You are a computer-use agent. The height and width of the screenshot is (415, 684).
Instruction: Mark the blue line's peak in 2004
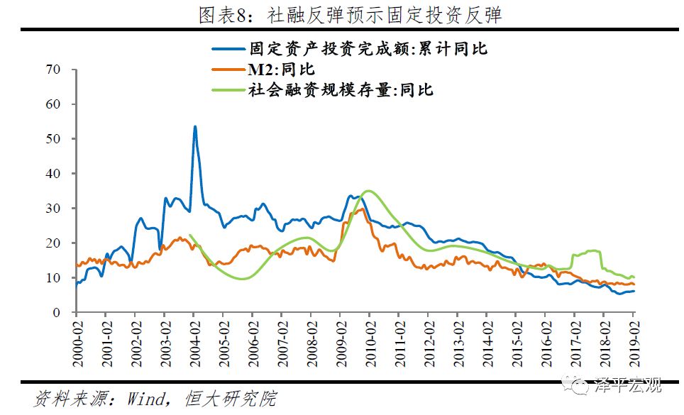click(x=195, y=127)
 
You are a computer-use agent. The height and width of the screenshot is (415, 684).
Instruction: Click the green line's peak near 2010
click(x=367, y=191)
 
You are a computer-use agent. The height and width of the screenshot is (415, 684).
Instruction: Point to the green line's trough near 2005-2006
click(x=242, y=279)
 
